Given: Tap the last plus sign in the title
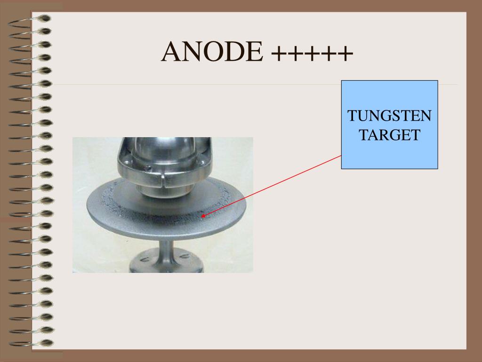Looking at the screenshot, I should coord(345,53).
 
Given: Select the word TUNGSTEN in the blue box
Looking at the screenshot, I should coord(389,116).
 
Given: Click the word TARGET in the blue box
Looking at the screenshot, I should coord(389,135).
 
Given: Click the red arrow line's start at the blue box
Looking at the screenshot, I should coord(341,156).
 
